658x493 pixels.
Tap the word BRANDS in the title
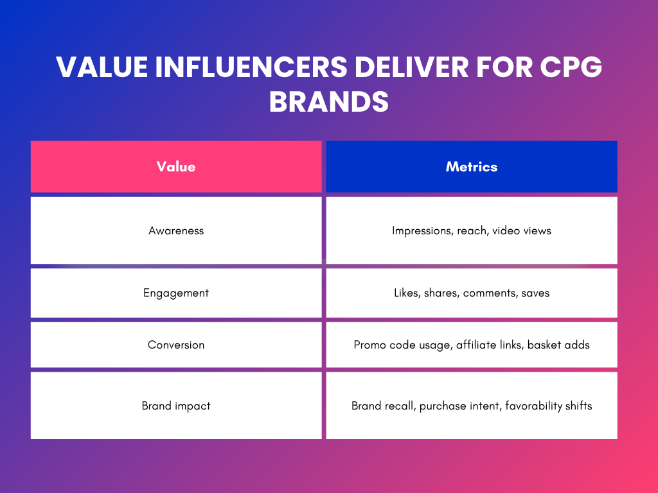pyautogui.click(x=328, y=101)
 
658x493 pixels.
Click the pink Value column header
pyautogui.click(x=176, y=167)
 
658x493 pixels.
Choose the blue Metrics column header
pyautogui.click(x=472, y=167)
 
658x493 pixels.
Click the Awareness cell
pyautogui.click(x=176, y=230)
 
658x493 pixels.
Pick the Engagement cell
pyautogui.click(x=176, y=293)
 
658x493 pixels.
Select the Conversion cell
pyautogui.click(x=176, y=345)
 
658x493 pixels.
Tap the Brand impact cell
pyautogui.click(x=176, y=406)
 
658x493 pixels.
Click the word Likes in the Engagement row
pyautogui.click(x=406, y=293)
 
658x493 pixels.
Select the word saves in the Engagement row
pyautogui.click(x=536, y=293)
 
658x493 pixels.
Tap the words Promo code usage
pyautogui.click(x=403, y=345)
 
